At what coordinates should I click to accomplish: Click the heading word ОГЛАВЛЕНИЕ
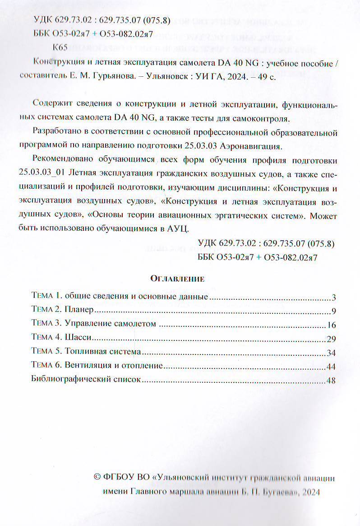177,279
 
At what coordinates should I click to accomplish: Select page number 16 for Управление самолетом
332,325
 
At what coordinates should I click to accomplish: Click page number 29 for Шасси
332,339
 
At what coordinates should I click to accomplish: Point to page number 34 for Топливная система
332,353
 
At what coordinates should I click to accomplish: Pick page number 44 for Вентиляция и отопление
332,367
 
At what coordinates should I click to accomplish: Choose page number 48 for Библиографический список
332,380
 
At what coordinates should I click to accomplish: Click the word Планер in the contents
78,311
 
